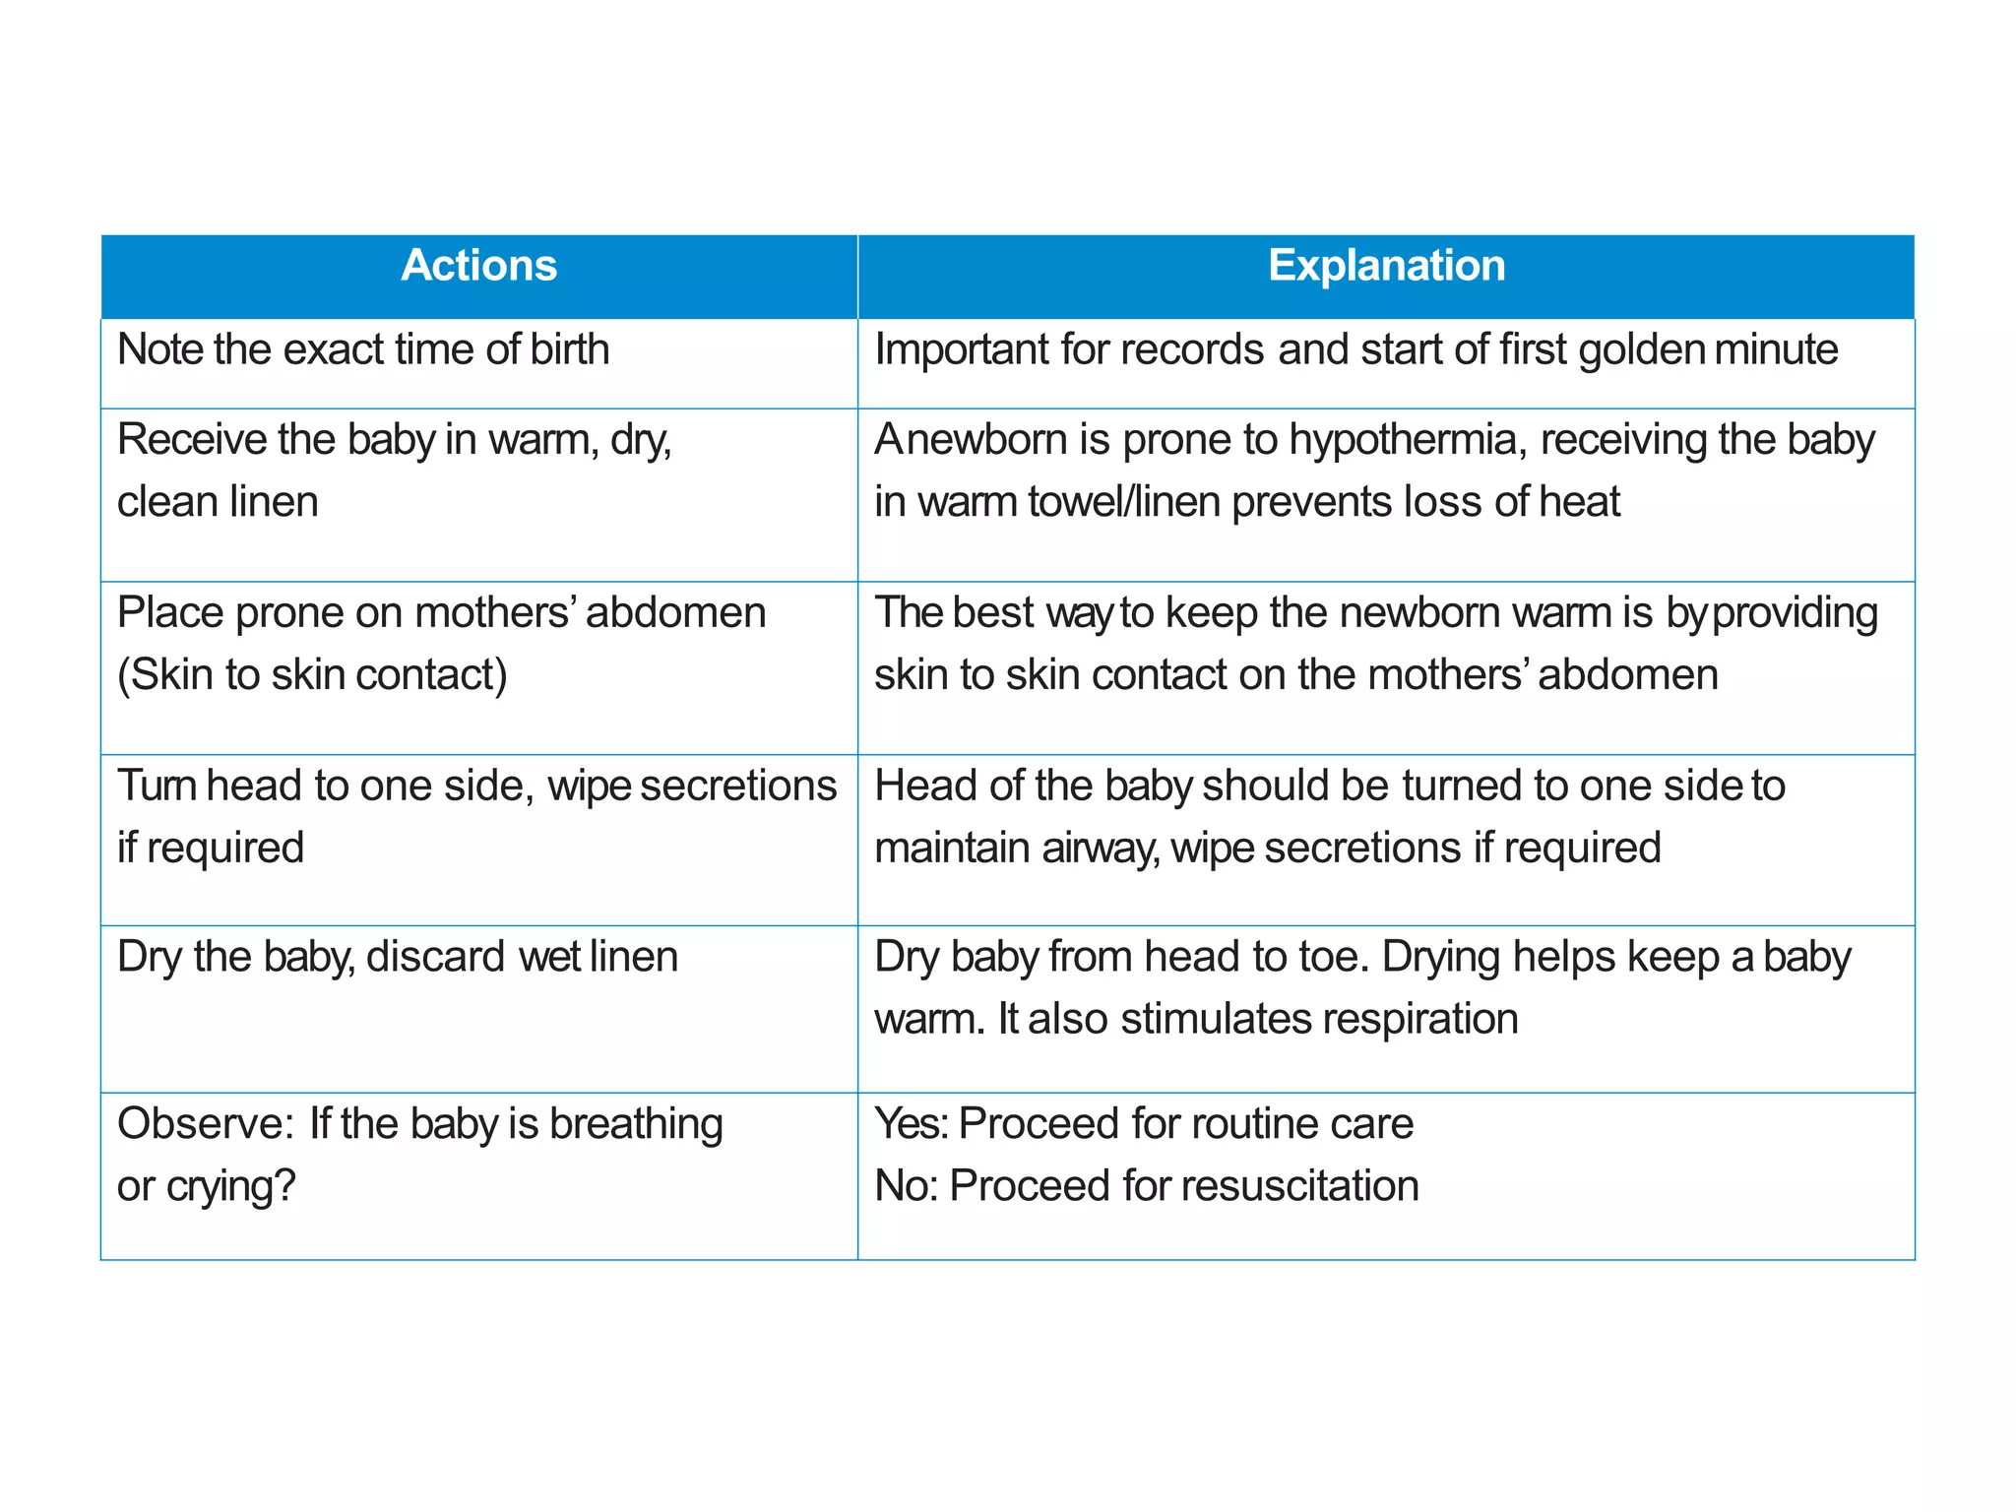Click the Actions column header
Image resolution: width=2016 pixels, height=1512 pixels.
pyautogui.click(x=478, y=266)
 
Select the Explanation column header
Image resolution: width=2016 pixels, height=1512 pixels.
pyautogui.click(x=1386, y=266)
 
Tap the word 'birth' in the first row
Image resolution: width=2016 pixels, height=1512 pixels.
pyautogui.click(x=570, y=349)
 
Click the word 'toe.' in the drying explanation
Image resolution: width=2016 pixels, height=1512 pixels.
pyautogui.click(x=1335, y=957)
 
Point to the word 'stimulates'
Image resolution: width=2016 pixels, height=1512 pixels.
pyautogui.click(x=1215, y=1019)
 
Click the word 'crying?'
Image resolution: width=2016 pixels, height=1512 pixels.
pyautogui.click(x=231, y=1187)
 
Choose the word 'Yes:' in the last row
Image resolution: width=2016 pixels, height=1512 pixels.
pyautogui.click(x=911, y=1124)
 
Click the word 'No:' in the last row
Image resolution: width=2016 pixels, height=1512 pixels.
pyautogui.click(x=907, y=1186)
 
